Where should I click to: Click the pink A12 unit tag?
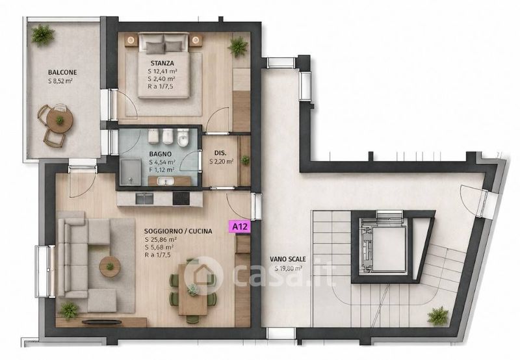point(240,227)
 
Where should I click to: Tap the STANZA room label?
point(162,63)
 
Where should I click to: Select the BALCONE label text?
point(62,72)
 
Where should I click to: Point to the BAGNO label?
point(160,154)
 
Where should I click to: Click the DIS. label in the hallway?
point(220,153)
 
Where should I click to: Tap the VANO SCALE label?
point(288,259)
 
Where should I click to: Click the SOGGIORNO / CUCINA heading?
point(178,231)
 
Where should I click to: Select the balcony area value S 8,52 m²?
point(60,81)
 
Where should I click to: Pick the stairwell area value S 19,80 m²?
point(288,268)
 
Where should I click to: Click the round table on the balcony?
point(60,120)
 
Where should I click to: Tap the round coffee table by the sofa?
point(109,266)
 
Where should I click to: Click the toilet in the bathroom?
point(183,137)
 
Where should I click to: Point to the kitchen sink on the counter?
point(144,199)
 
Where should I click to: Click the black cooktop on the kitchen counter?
point(181,199)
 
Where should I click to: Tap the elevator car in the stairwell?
point(389,249)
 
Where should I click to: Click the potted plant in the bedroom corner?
point(238,47)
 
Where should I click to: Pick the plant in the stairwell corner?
point(438,316)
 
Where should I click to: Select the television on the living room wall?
point(101,321)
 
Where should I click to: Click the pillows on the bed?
point(164,47)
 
